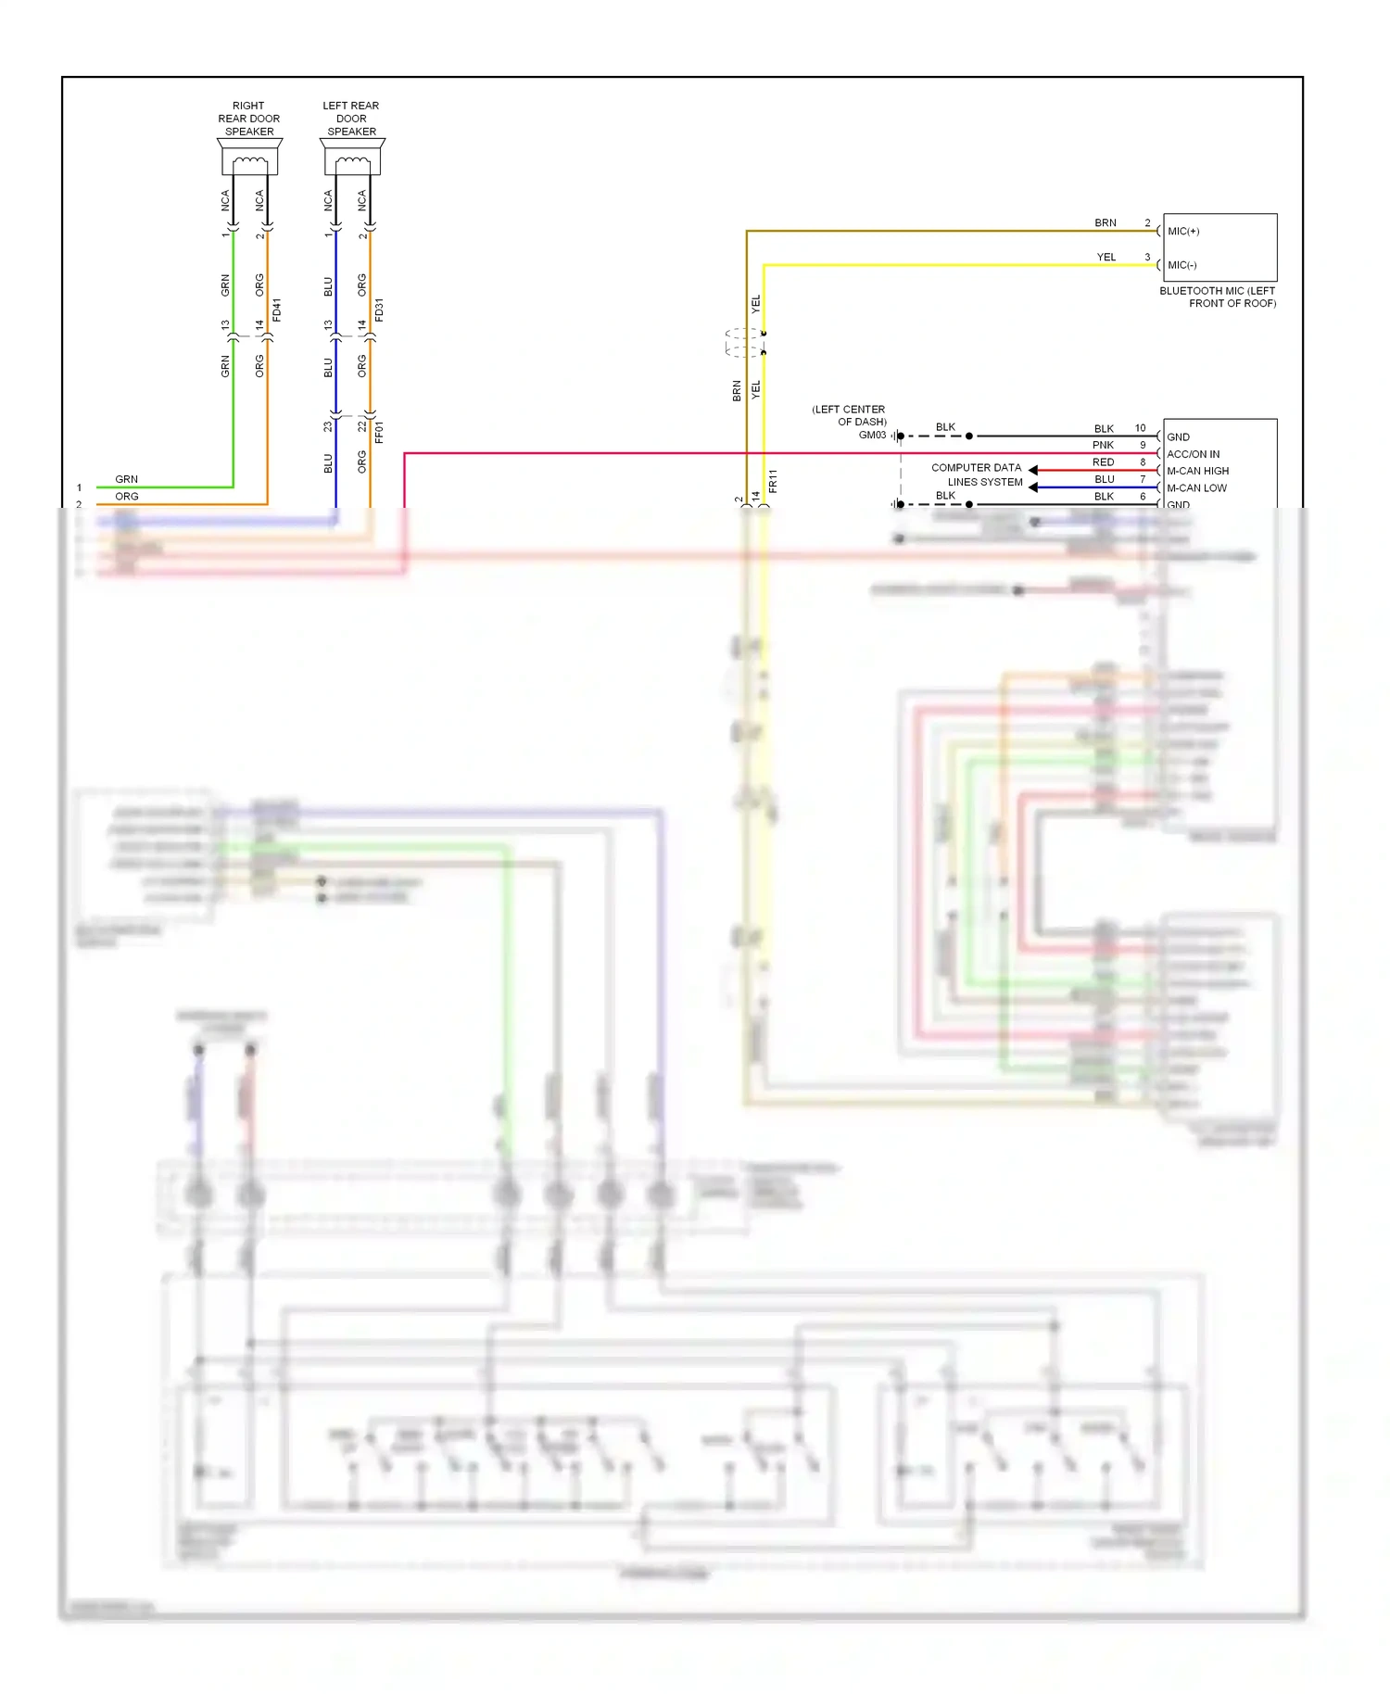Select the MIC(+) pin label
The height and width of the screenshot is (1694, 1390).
1183,231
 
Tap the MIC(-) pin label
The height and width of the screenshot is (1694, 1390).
1181,265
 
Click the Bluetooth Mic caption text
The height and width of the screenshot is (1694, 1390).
1218,297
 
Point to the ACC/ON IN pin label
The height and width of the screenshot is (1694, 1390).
1193,454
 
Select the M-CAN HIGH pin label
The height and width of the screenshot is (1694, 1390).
1197,471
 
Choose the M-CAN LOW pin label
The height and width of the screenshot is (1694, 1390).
1196,487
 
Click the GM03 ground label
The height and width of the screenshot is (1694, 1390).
872,435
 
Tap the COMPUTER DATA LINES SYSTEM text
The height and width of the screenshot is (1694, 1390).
977,474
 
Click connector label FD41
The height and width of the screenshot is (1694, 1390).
277,310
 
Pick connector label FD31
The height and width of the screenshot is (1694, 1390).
379,310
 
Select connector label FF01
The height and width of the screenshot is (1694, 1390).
379,432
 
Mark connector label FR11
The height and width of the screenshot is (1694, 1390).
773,480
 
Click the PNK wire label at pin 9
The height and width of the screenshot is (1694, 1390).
1103,445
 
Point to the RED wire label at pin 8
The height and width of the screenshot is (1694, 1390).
1103,461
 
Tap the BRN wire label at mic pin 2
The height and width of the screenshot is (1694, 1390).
1105,222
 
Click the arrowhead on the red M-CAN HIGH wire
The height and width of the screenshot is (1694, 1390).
1033,470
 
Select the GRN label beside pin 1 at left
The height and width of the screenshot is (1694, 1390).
126,479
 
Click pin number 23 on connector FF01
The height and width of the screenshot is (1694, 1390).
327,426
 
